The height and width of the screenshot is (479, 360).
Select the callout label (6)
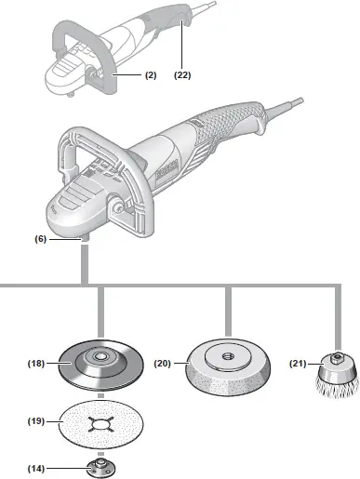pos(41,239)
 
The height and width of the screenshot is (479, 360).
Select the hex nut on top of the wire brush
pos(333,358)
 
